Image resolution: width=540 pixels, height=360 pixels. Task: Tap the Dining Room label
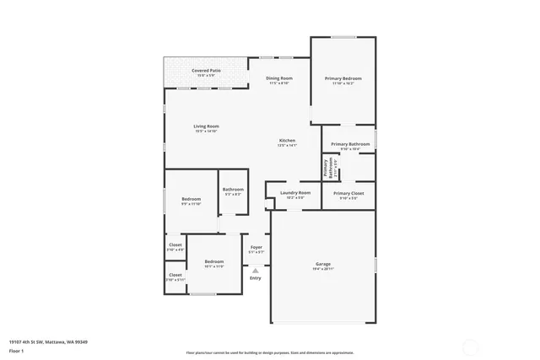279,78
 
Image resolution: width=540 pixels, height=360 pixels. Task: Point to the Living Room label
207,126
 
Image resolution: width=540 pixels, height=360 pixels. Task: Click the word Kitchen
287,140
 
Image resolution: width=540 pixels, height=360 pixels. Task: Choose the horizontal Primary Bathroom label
350,144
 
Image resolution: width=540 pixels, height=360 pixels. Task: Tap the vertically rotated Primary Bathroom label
327,167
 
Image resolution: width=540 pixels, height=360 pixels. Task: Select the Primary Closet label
348,193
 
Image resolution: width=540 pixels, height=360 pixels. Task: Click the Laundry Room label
295,193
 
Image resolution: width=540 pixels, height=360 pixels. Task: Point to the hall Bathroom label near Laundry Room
233,190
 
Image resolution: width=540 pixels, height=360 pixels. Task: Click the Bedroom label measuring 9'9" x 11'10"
191,199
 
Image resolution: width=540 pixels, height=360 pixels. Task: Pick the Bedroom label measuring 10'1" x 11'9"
214,262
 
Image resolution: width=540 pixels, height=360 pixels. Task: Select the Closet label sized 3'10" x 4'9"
175,245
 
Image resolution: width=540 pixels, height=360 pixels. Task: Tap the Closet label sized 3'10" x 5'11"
175,275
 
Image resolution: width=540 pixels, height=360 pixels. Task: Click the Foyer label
256,247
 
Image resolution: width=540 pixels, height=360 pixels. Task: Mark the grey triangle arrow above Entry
256,270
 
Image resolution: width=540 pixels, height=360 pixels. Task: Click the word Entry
256,278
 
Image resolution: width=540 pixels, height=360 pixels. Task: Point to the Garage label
322,264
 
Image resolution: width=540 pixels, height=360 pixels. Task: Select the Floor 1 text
16,349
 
